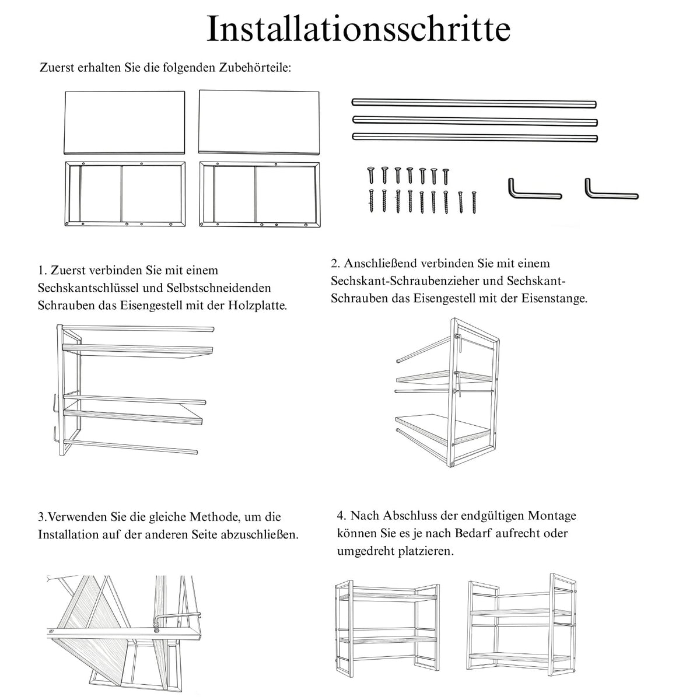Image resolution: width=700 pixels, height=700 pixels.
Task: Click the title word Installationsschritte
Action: (358, 29)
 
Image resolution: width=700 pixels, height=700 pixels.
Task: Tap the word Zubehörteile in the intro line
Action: (254, 68)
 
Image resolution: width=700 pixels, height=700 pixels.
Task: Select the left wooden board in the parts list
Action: (124, 123)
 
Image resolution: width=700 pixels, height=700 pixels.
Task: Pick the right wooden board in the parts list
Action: (259, 123)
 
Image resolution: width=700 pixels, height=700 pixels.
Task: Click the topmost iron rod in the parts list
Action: (474, 103)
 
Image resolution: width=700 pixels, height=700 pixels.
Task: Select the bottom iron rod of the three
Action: (475, 137)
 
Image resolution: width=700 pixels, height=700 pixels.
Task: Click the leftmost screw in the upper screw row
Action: (371, 175)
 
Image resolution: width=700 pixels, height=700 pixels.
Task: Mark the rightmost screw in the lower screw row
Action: (474, 202)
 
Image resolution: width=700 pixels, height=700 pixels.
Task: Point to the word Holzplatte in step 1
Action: (257, 306)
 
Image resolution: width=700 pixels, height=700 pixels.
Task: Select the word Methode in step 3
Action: (215, 517)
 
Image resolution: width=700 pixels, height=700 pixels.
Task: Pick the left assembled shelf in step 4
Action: (387, 632)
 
